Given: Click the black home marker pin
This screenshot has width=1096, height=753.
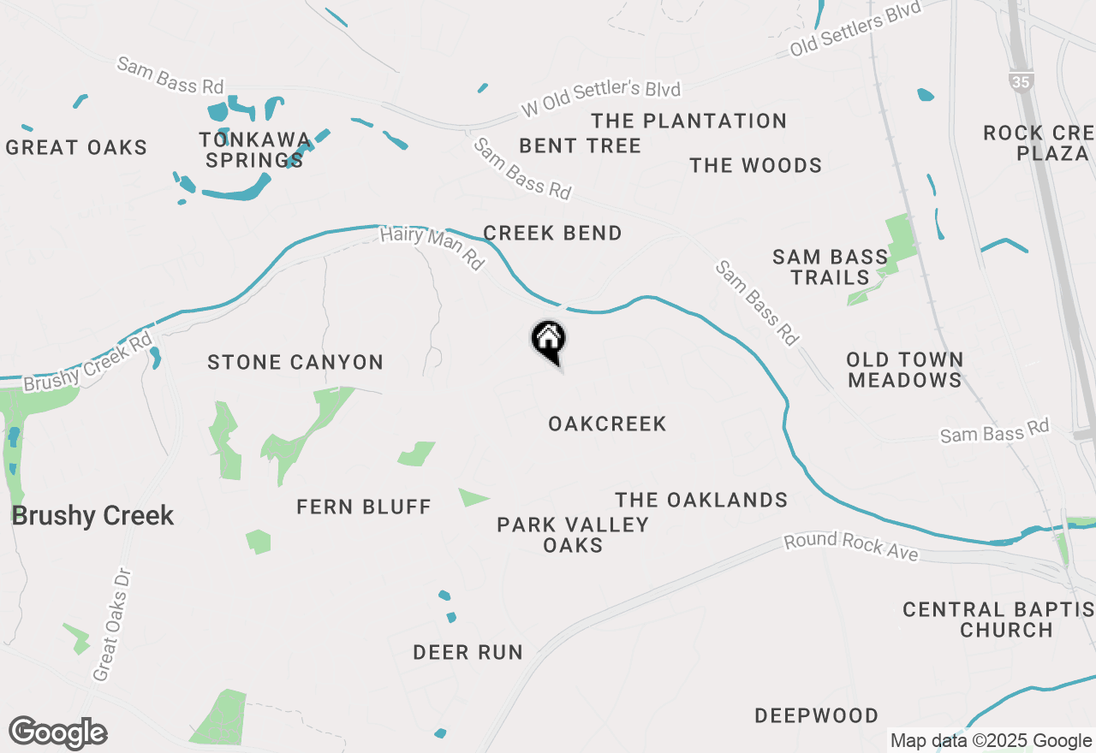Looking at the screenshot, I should (x=548, y=341).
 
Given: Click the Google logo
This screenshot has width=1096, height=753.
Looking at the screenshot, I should (x=57, y=732).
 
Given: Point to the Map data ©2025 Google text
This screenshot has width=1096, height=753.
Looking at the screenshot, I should (x=990, y=741).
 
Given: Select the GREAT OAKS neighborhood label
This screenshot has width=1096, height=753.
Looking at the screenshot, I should (x=76, y=148).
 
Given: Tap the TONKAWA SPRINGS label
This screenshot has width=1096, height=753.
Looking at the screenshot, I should (x=254, y=150).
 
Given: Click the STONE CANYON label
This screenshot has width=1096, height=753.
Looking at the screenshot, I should (x=295, y=363).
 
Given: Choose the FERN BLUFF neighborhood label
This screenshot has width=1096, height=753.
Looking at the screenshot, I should (x=364, y=507).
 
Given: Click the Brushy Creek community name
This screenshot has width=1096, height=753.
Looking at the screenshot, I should (x=92, y=516).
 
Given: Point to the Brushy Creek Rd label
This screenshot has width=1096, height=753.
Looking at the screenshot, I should (x=87, y=363).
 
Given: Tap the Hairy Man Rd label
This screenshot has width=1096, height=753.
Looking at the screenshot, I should (x=432, y=247).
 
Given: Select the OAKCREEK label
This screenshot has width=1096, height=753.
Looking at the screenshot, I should (x=607, y=424).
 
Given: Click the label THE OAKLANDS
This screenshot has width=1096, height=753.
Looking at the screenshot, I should (x=701, y=501).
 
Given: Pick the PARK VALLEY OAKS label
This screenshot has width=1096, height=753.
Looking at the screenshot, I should (x=573, y=535).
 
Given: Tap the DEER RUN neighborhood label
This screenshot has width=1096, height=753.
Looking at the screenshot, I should (x=468, y=653).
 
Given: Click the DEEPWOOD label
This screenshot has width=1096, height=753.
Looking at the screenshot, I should (x=816, y=716).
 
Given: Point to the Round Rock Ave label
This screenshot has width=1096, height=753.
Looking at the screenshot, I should (x=851, y=548).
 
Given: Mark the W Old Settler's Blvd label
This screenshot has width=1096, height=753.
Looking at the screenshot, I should (x=600, y=101).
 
